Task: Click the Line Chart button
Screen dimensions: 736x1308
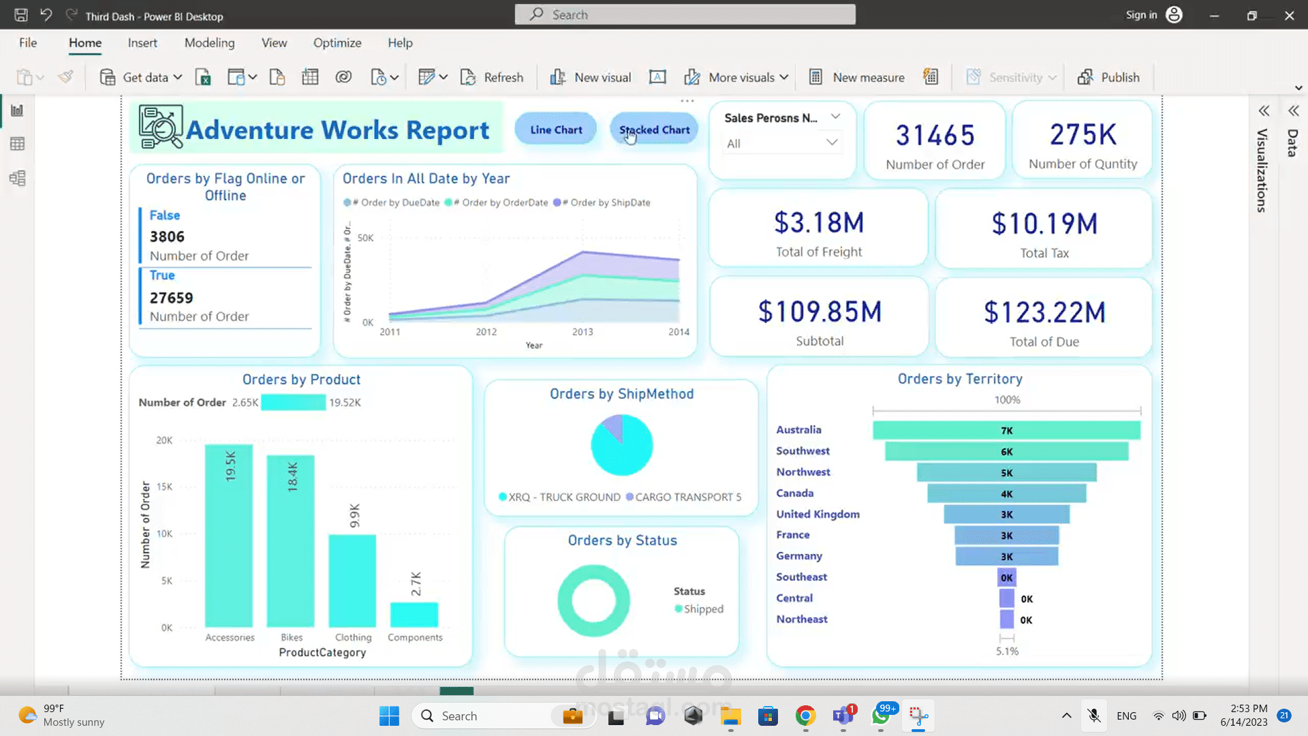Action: (556, 129)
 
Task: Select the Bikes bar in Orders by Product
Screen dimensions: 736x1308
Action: (291, 542)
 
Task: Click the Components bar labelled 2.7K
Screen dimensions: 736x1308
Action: (414, 615)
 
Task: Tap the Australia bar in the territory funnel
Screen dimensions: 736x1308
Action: (1006, 430)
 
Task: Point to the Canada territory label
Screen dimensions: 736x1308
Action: (794, 493)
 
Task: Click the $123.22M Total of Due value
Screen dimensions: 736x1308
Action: (1044, 313)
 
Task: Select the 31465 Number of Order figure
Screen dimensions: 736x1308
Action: (935, 136)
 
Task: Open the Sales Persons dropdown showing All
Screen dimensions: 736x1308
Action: (781, 143)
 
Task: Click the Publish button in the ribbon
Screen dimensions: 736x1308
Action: (1108, 77)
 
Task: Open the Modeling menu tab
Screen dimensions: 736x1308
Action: (209, 42)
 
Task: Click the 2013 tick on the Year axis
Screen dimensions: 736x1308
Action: (582, 332)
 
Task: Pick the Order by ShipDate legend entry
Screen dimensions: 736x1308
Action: (603, 202)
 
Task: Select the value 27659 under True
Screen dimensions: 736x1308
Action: (172, 298)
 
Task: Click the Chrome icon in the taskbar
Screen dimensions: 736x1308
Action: (805, 716)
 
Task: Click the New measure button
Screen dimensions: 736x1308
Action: (857, 77)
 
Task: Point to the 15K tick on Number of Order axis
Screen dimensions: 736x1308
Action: (165, 487)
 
